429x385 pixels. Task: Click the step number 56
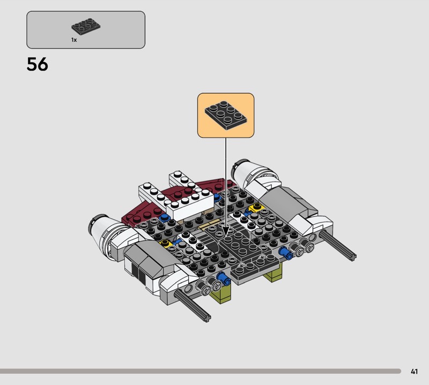[37, 64]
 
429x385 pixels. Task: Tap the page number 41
[414, 371]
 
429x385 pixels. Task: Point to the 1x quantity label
[74, 40]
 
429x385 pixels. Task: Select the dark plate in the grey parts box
[86, 26]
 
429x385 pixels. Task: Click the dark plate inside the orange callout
[226, 115]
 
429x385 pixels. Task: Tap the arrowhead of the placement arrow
[226, 232]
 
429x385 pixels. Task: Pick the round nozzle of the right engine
[239, 168]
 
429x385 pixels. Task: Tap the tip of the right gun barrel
[352, 257]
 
